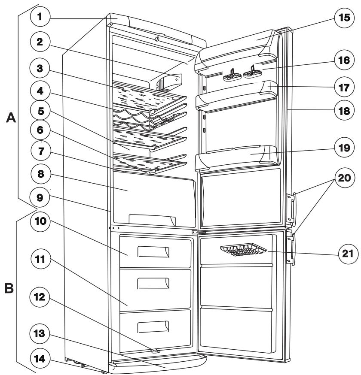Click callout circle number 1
pyautogui.click(x=40, y=17)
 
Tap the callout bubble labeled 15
pyautogui.click(x=344, y=18)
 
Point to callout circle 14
pyautogui.click(x=40, y=359)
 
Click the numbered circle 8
pyautogui.click(x=41, y=174)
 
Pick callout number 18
pyautogui.click(x=344, y=111)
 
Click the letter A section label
pyautogui.click(x=11, y=118)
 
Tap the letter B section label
pyautogui.click(x=9, y=288)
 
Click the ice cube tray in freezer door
pyautogui.click(x=243, y=250)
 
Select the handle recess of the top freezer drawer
pyautogui.click(x=153, y=252)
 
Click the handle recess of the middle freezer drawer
pyautogui.click(x=153, y=284)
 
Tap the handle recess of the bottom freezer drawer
pyautogui.click(x=153, y=327)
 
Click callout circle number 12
pyautogui.click(x=40, y=297)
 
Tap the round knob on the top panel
pyautogui.click(x=157, y=39)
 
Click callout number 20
pyautogui.click(x=344, y=178)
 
